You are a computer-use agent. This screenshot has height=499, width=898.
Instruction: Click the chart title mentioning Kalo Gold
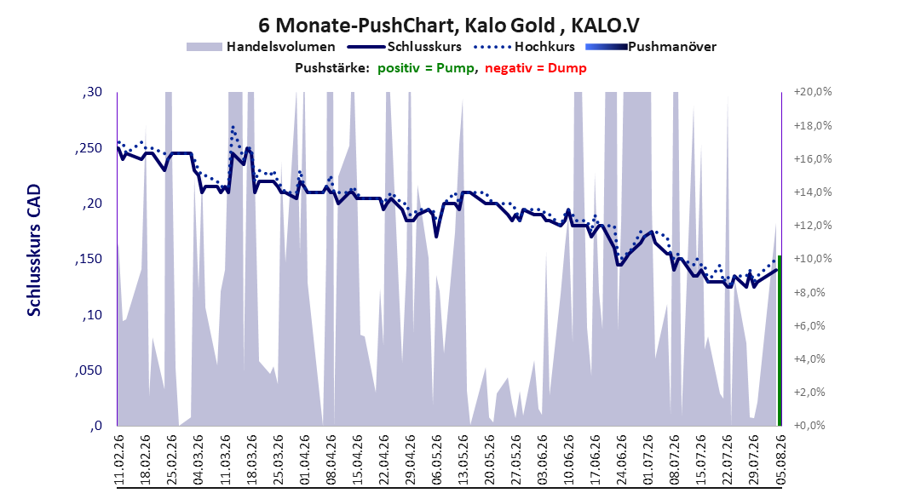pyautogui.click(x=449, y=26)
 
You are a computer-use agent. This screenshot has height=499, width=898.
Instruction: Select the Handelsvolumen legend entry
pyautogui.click(x=261, y=47)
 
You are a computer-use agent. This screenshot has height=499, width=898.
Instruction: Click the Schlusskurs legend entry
pyautogui.click(x=405, y=47)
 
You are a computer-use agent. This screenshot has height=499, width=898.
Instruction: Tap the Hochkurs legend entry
pyautogui.click(x=524, y=47)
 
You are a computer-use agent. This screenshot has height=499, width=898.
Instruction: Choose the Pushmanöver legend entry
pyautogui.click(x=651, y=47)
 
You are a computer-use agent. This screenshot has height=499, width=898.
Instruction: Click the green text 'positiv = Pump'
pyautogui.click(x=425, y=68)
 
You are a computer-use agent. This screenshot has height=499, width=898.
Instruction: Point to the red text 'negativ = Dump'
pyautogui.click(x=536, y=68)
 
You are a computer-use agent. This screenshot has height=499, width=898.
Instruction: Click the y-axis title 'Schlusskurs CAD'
pyautogui.click(x=34, y=250)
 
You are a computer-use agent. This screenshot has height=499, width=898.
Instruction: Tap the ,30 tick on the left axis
pyautogui.click(x=92, y=92)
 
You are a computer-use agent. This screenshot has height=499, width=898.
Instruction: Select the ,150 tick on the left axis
pyautogui.click(x=89, y=259)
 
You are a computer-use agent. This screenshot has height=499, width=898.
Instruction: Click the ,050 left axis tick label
pyautogui.click(x=89, y=370)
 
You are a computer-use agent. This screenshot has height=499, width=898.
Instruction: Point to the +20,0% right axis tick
pyautogui.click(x=813, y=92)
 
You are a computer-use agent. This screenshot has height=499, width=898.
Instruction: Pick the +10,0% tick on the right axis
pyautogui.click(x=813, y=259)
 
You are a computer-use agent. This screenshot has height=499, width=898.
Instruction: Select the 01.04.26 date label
pyautogui.click(x=304, y=460)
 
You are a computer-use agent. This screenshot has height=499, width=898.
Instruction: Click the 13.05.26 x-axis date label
pyautogui.click(x=463, y=460)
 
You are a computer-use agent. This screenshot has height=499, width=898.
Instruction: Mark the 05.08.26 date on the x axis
pyautogui.click(x=780, y=460)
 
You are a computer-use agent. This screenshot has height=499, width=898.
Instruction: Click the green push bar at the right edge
pyautogui.click(x=780, y=341)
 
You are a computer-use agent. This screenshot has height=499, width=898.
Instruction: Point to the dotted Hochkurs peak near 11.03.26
pyautogui.click(x=233, y=127)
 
